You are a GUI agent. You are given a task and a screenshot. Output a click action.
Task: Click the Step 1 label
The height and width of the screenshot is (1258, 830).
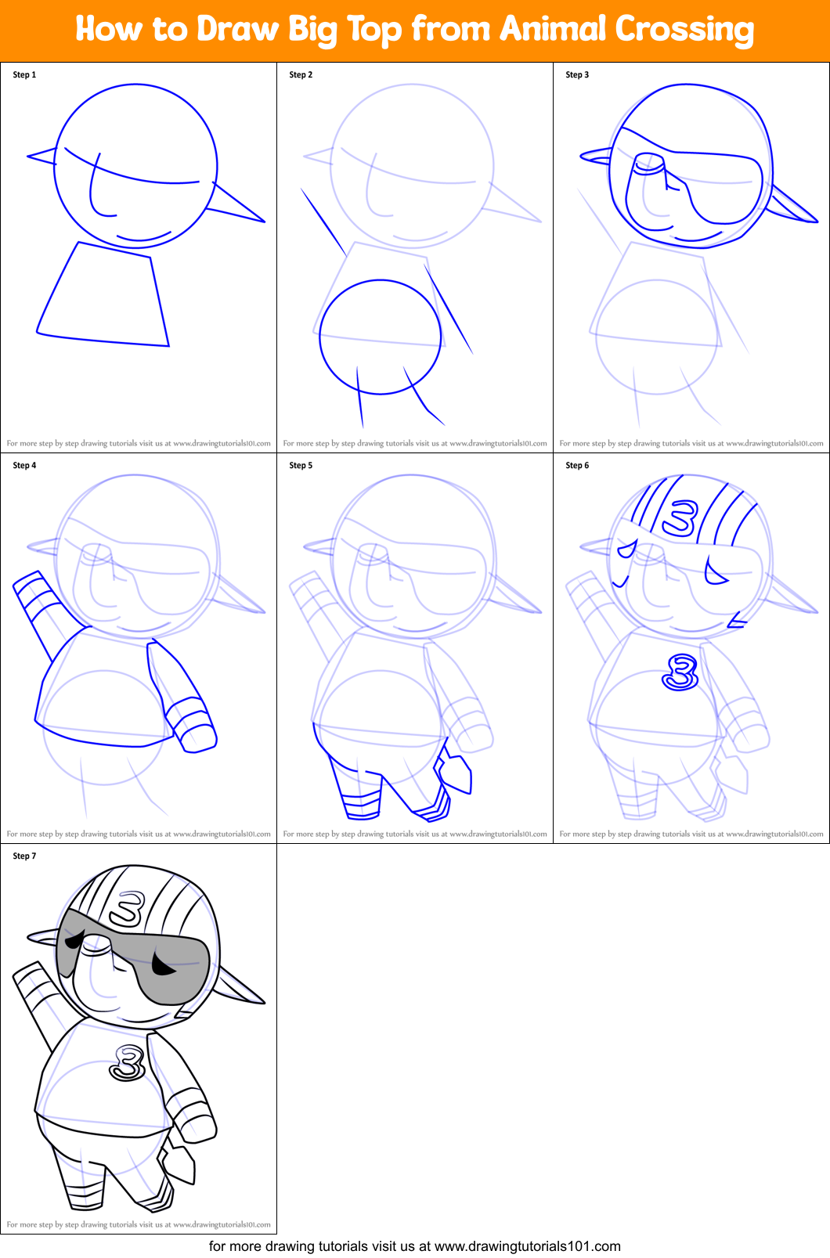(24, 75)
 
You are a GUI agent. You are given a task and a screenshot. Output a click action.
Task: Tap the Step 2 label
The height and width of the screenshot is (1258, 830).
(301, 75)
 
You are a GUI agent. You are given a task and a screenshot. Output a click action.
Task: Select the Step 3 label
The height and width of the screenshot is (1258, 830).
(577, 75)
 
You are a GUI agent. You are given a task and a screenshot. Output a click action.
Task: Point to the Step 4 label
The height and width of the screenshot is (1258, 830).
(24, 466)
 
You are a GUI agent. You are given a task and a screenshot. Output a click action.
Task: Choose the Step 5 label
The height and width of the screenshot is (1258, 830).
(301, 466)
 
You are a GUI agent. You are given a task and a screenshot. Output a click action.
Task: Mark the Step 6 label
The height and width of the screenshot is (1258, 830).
(577, 466)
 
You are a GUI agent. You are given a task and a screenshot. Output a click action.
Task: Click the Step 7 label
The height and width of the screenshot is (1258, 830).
(24, 856)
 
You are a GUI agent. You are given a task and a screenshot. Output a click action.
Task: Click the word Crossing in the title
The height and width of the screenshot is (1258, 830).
(684, 30)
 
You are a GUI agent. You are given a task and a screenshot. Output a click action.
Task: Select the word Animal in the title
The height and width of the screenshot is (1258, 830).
(553, 30)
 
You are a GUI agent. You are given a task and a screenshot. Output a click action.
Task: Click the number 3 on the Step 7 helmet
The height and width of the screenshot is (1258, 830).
(126, 908)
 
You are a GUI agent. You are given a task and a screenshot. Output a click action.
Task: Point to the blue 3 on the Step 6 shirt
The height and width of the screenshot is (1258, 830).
(680, 672)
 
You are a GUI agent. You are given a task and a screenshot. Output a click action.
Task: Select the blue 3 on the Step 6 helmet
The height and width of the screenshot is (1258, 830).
(678, 517)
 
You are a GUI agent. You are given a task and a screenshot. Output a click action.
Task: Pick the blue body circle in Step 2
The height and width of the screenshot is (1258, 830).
(380, 337)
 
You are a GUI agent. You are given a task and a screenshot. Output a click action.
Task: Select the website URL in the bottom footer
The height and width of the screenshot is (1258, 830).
(527, 1246)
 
